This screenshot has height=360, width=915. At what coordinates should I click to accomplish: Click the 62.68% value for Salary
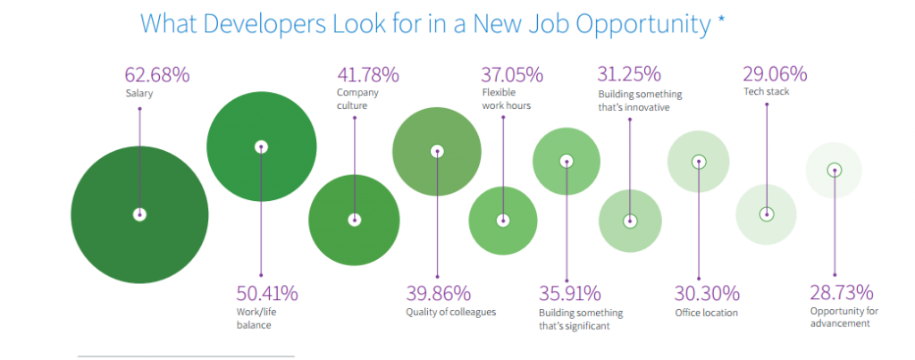point(157,74)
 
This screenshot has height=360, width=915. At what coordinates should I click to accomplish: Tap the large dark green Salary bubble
point(139,214)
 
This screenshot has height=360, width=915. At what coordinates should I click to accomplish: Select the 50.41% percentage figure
point(267,293)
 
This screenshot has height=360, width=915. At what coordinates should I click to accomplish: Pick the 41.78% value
point(367,74)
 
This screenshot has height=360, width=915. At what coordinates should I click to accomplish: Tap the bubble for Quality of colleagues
point(436,151)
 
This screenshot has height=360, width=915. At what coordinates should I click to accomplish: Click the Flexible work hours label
point(507,98)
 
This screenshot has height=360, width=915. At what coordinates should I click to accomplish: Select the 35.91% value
point(569,293)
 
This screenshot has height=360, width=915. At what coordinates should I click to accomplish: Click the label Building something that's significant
point(581,319)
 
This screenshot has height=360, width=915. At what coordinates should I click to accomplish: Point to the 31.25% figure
point(629,74)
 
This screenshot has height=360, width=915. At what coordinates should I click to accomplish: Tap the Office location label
point(707,313)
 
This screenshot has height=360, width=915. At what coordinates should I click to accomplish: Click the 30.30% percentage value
point(708,293)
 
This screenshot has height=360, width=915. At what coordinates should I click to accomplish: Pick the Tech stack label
point(765,92)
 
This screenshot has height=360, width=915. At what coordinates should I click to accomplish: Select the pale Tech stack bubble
point(766,214)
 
